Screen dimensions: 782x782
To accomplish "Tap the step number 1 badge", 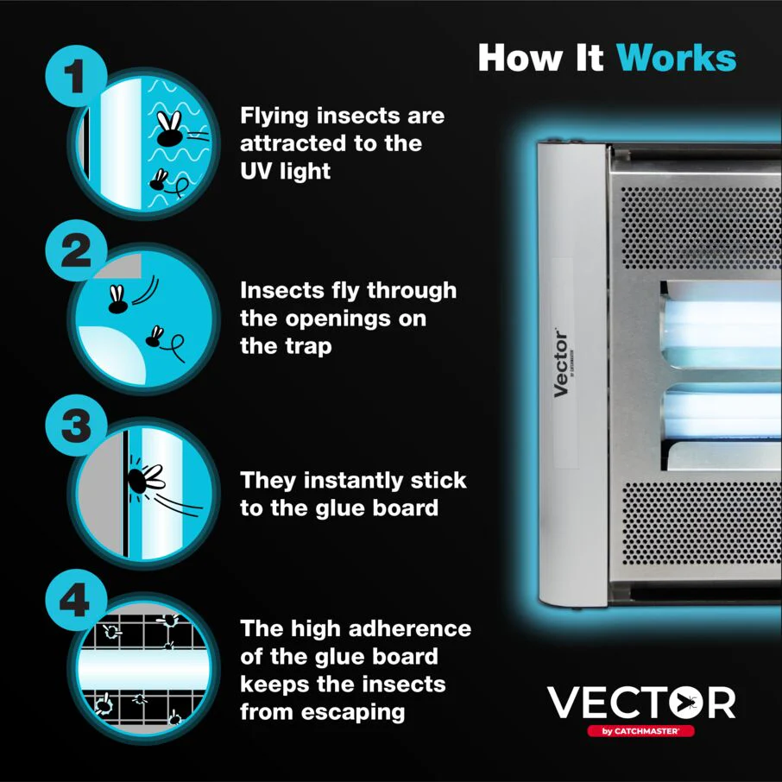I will click(75, 78).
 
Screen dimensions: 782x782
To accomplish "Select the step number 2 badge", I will click(75, 252).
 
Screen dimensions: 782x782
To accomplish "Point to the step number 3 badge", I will click(75, 426).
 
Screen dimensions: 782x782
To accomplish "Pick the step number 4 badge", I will click(75, 600).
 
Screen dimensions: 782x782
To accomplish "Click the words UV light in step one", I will click(286, 171).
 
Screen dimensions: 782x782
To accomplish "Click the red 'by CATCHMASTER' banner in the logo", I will click(640, 730).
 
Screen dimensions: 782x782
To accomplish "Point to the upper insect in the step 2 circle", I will click(117, 298).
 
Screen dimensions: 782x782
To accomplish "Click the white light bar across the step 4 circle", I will click(142, 667).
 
